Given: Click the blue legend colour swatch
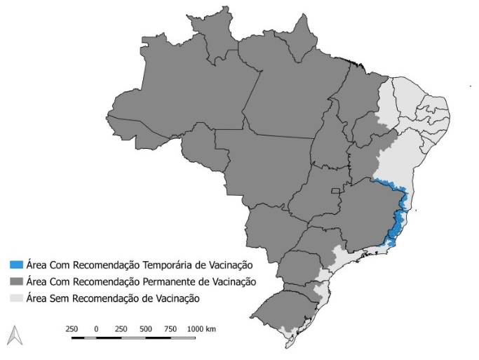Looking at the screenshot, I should coord(16,265).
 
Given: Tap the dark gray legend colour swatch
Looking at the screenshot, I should coord(16,281).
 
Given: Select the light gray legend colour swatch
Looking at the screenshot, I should coord(16,298).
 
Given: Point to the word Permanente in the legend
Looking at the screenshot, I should coord(173,281).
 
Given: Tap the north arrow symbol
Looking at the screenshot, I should coord(13,336).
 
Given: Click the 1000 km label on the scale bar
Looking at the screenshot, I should coord(202,328).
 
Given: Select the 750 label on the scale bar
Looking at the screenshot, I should coord(170,328).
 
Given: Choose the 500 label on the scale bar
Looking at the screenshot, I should coord(145,328).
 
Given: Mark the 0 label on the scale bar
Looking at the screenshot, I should coord(95,328).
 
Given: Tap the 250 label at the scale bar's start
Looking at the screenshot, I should coord(71,328).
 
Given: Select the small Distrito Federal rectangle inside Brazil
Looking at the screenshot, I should coord(337,191).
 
